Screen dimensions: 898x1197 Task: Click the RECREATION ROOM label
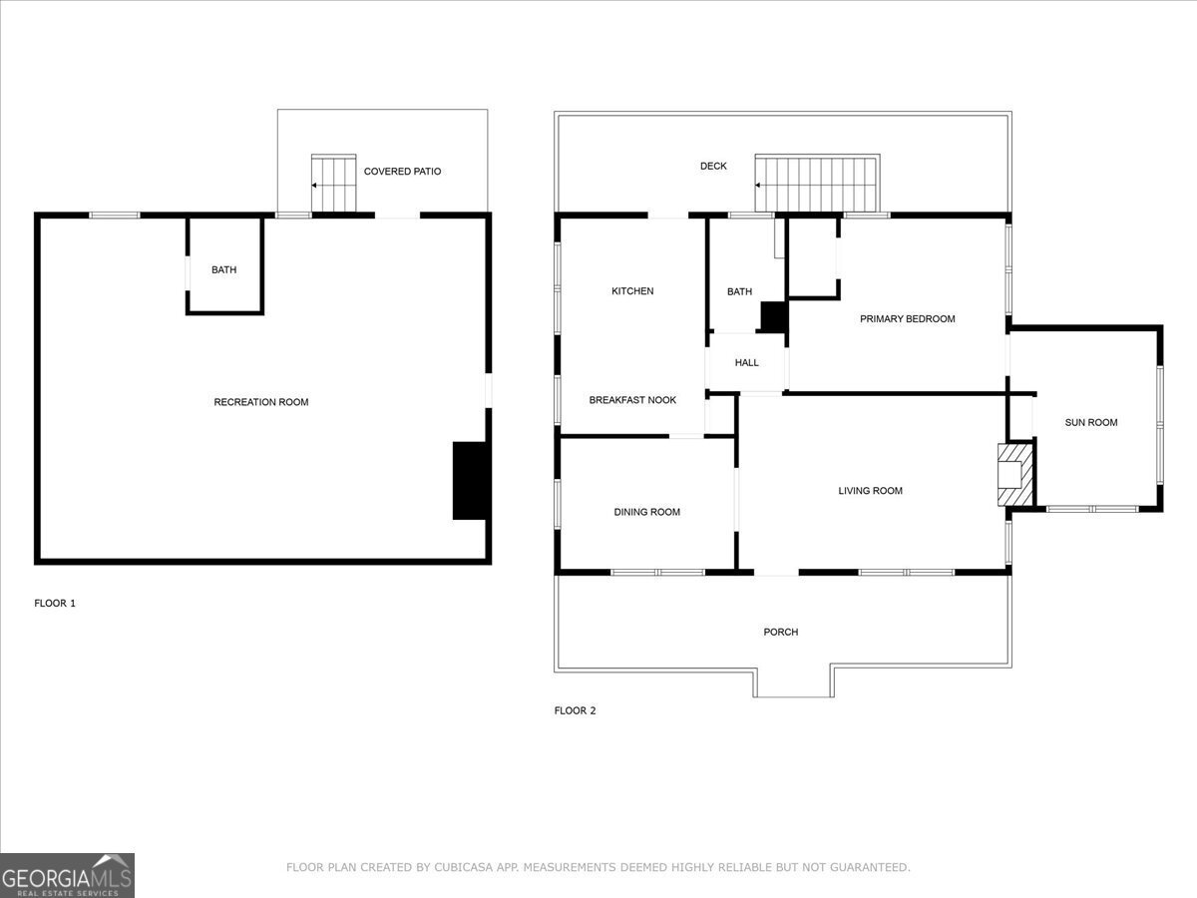coord(261,402)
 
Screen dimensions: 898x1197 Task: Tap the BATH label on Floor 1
coord(223,269)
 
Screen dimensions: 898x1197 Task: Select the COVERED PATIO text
coord(402,172)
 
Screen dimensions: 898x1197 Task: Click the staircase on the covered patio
coord(333,184)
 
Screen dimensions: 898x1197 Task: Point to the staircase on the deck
coord(816,184)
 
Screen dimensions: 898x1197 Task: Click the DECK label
coord(713,167)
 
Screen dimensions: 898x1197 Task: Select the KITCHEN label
coord(632,291)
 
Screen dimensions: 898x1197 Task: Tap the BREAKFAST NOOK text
coord(632,400)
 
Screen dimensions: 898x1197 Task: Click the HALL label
coord(746,362)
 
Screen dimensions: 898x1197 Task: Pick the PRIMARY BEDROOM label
coord(907,319)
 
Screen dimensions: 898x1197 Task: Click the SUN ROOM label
coord(1090,422)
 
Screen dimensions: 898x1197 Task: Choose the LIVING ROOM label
coord(870,491)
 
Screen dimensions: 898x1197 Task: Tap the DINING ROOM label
coord(646,512)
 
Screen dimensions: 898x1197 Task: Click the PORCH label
coord(780,632)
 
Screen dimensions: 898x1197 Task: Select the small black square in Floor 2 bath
coord(773,316)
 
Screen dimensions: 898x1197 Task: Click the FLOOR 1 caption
coord(55,603)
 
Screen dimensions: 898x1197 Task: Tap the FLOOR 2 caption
coord(575,710)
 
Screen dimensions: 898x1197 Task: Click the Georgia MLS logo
coord(67,875)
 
